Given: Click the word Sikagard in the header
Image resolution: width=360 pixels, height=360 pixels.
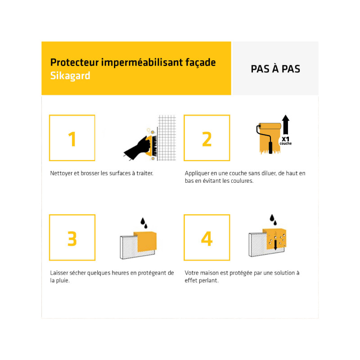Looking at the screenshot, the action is [x=70, y=76].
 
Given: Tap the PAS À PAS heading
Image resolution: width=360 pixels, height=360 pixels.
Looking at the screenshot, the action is [x=275, y=69].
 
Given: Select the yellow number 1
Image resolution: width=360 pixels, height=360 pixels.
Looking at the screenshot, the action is [x=72, y=139].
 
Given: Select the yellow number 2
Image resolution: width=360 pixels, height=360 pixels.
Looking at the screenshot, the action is [x=207, y=139].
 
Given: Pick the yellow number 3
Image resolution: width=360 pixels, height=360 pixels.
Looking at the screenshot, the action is [x=72, y=239].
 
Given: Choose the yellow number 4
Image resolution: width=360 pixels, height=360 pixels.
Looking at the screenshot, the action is [x=207, y=238].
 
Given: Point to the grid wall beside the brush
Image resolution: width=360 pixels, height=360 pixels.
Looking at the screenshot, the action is [x=167, y=138].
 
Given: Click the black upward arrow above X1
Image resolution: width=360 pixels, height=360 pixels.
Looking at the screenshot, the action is [x=286, y=125].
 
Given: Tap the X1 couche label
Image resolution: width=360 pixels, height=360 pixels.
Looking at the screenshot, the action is [x=286, y=141].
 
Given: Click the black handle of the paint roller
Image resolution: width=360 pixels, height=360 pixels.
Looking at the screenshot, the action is [x=271, y=148].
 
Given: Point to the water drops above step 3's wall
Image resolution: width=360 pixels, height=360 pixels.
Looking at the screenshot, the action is [x=144, y=223].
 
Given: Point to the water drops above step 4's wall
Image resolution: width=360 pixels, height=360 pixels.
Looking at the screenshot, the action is [x=273, y=220].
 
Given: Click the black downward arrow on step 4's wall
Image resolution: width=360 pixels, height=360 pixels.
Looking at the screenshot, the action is [x=275, y=245].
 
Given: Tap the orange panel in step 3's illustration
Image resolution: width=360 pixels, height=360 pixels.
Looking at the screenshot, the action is [x=146, y=242].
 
